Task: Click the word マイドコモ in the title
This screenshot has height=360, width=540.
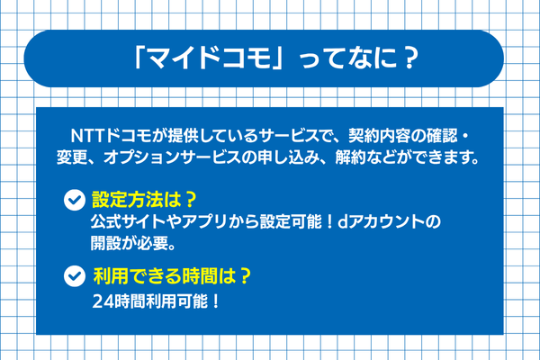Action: (x=212, y=58)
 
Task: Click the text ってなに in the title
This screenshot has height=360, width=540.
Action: (x=342, y=58)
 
